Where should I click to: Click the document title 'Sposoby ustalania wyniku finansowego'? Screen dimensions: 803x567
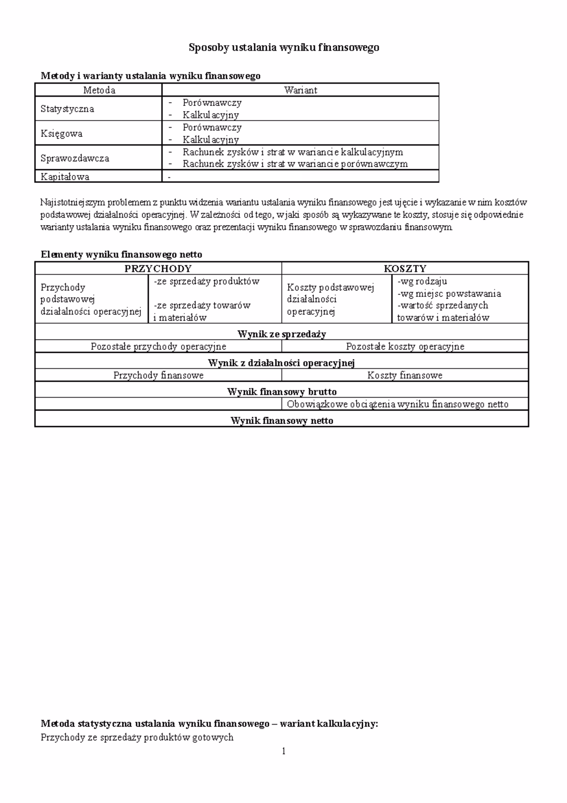point(283,47)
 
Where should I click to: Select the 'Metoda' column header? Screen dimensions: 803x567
point(99,90)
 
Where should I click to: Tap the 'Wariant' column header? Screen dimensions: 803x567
point(301,90)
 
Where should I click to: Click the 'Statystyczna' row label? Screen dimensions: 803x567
point(67,109)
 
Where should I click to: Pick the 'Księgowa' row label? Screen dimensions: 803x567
point(61,133)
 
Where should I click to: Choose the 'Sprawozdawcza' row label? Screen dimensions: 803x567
point(75,158)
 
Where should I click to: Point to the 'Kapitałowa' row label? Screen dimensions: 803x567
point(65,177)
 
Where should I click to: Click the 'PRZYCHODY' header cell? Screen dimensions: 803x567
point(158,269)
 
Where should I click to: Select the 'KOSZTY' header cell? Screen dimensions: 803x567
point(405,269)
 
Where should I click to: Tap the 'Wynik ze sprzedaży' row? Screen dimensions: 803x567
point(282,334)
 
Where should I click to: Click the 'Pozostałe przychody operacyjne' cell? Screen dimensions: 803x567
point(158,347)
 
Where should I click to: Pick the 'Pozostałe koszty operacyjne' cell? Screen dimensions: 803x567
point(405,347)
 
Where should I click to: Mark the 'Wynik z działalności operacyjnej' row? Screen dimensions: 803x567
point(282,363)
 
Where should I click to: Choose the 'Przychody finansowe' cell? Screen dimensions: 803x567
point(158,375)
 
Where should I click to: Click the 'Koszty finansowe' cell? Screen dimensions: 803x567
point(405,375)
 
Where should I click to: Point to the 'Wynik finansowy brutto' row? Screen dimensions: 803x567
point(282,392)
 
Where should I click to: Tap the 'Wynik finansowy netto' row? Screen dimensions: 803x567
point(282,421)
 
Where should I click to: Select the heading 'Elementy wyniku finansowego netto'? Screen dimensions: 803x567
point(121,254)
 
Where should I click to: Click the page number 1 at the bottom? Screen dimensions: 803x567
point(283,751)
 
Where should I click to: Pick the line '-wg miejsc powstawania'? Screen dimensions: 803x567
point(449,294)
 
